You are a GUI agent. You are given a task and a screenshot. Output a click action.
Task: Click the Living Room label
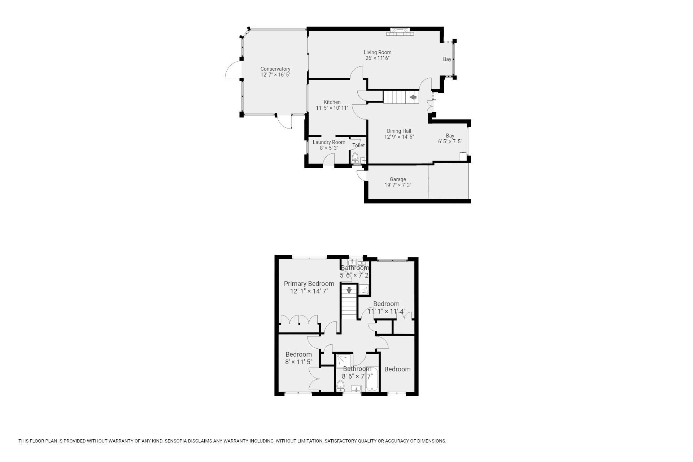click(x=377, y=52)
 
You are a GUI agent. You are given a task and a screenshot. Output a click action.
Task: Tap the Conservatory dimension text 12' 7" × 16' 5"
click(x=275, y=75)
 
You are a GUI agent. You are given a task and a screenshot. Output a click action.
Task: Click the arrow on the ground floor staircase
click(x=413, y=97)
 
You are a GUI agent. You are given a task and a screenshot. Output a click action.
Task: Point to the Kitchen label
click(x=332, y=102)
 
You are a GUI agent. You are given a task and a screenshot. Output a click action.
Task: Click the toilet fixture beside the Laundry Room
click(x=355, y=158)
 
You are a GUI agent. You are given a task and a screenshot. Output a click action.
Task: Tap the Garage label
click(x=398, y=179)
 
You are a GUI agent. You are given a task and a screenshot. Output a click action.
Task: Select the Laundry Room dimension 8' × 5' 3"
click(x=329, y=148)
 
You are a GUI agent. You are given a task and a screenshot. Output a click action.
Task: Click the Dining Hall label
click(x=399, y=131)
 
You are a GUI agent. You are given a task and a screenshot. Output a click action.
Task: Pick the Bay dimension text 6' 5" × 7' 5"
click(x=450, y=141)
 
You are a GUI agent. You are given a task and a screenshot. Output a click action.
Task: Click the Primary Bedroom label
click(x=309, y=284)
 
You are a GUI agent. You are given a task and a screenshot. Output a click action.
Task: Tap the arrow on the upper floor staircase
click(x=349, y=289)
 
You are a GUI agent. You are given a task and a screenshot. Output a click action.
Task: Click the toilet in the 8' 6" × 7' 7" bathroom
click(x=340, y=386)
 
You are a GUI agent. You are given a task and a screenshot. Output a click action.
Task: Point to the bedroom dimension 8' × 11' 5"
click(x=298, y=362)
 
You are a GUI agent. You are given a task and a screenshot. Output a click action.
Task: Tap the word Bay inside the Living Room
click(x=447, y=59)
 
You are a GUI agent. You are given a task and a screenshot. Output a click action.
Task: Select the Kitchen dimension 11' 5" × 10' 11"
click(x=332, y=108)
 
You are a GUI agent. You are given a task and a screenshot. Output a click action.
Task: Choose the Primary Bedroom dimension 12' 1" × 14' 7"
click(x=309, y=291)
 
